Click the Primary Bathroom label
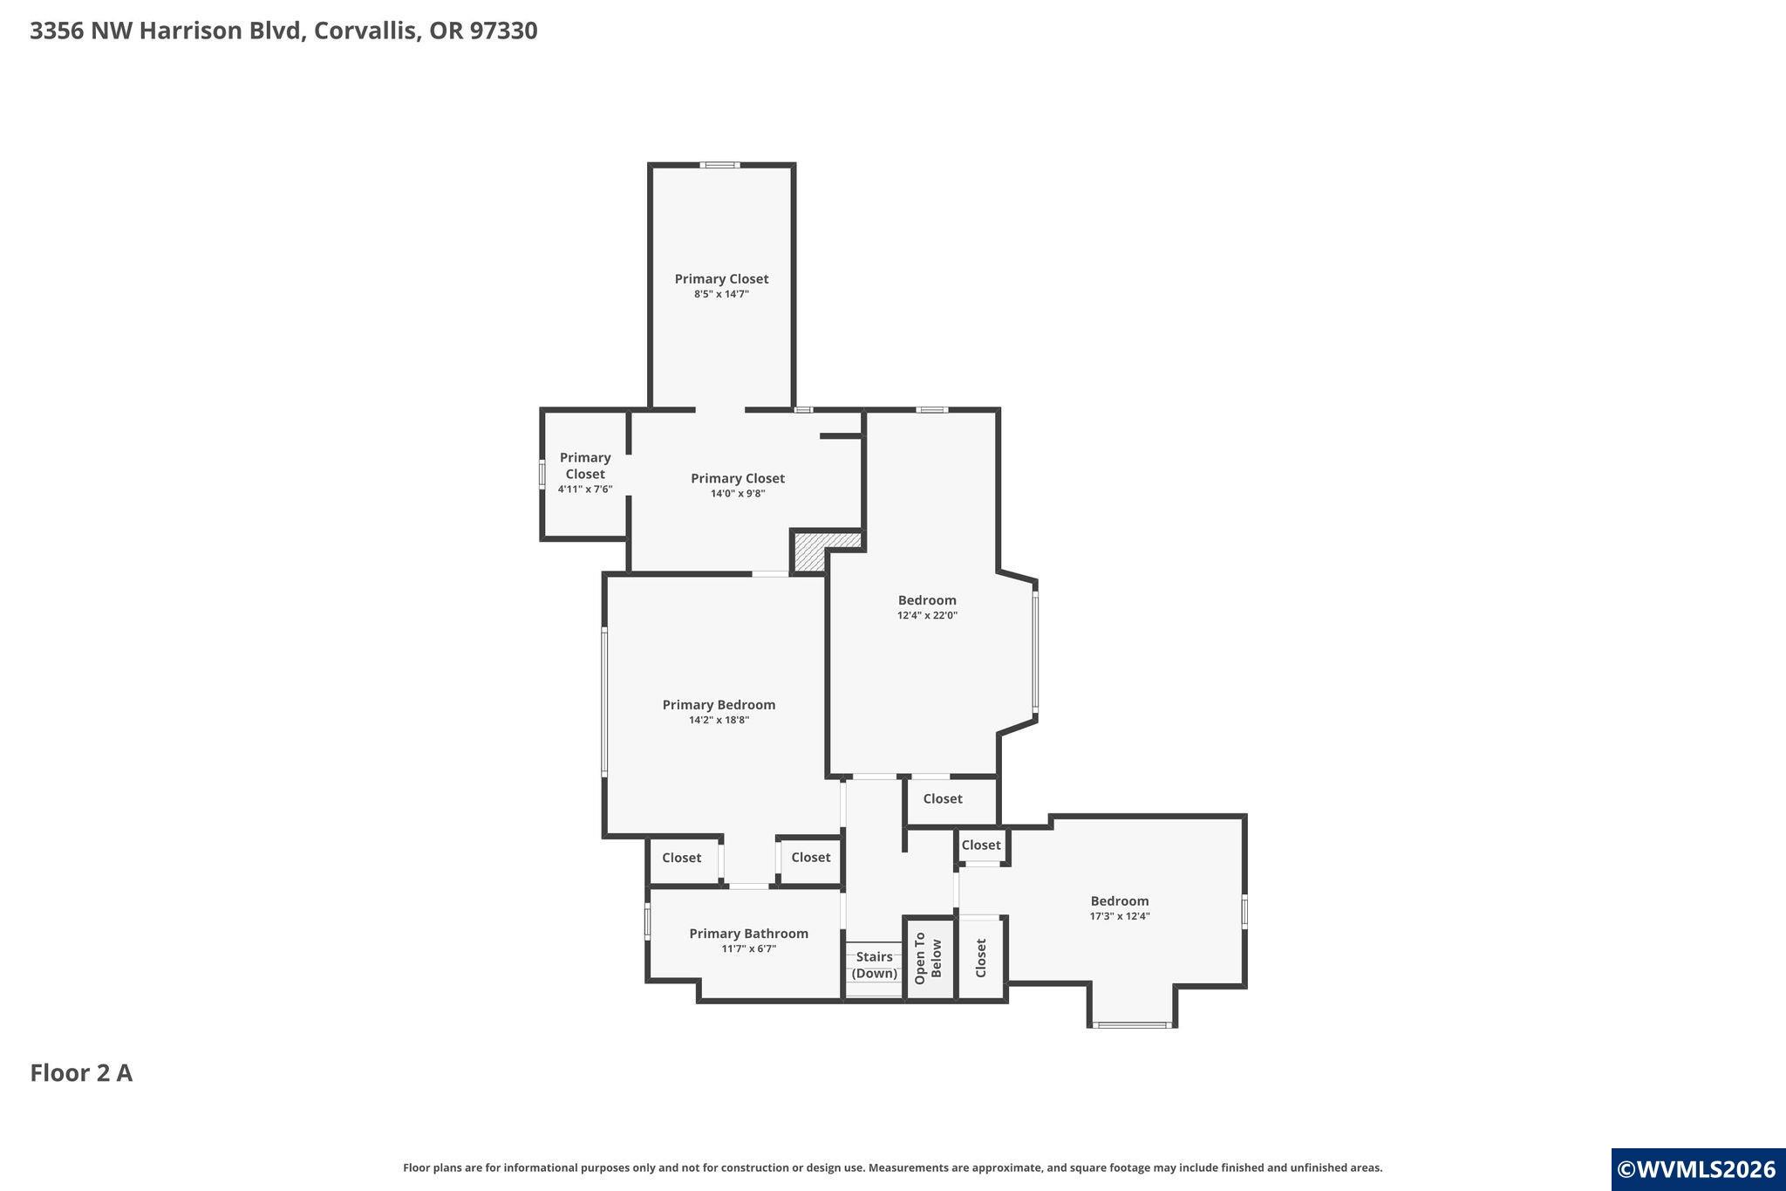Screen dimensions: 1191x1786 [x=748, y=934]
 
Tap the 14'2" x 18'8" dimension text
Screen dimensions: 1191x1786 [x=719, y=720]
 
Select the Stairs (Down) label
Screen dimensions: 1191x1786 [x=874, y=965]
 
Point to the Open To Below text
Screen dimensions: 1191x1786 [x=928, y=958]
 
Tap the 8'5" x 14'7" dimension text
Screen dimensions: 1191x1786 [x=721, y=294]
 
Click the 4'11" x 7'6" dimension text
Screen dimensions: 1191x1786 [x=585, y=489]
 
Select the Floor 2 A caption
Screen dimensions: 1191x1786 [x=81, y=1073]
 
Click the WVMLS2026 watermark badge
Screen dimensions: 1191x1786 [x=1696, y=1169]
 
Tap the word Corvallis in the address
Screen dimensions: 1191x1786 [x=367, y=31]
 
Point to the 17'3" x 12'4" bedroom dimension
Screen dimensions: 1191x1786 [x=1120, y=916]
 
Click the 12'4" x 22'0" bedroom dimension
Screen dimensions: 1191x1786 [x=927, y=615]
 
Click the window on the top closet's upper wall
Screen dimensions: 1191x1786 [x=721, y=165]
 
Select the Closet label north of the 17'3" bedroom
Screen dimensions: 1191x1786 [x=981, y=845]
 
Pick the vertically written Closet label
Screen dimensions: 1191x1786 [x=980, y=958]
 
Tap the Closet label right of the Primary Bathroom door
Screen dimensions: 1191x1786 [x=810, y=857]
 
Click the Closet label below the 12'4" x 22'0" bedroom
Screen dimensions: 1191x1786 [x=943, y=798]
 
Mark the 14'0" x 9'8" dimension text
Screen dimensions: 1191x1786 [x=738, y=494]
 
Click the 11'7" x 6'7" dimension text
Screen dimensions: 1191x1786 [x=748, y=948]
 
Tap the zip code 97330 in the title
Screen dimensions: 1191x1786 [x=503, y=31]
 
